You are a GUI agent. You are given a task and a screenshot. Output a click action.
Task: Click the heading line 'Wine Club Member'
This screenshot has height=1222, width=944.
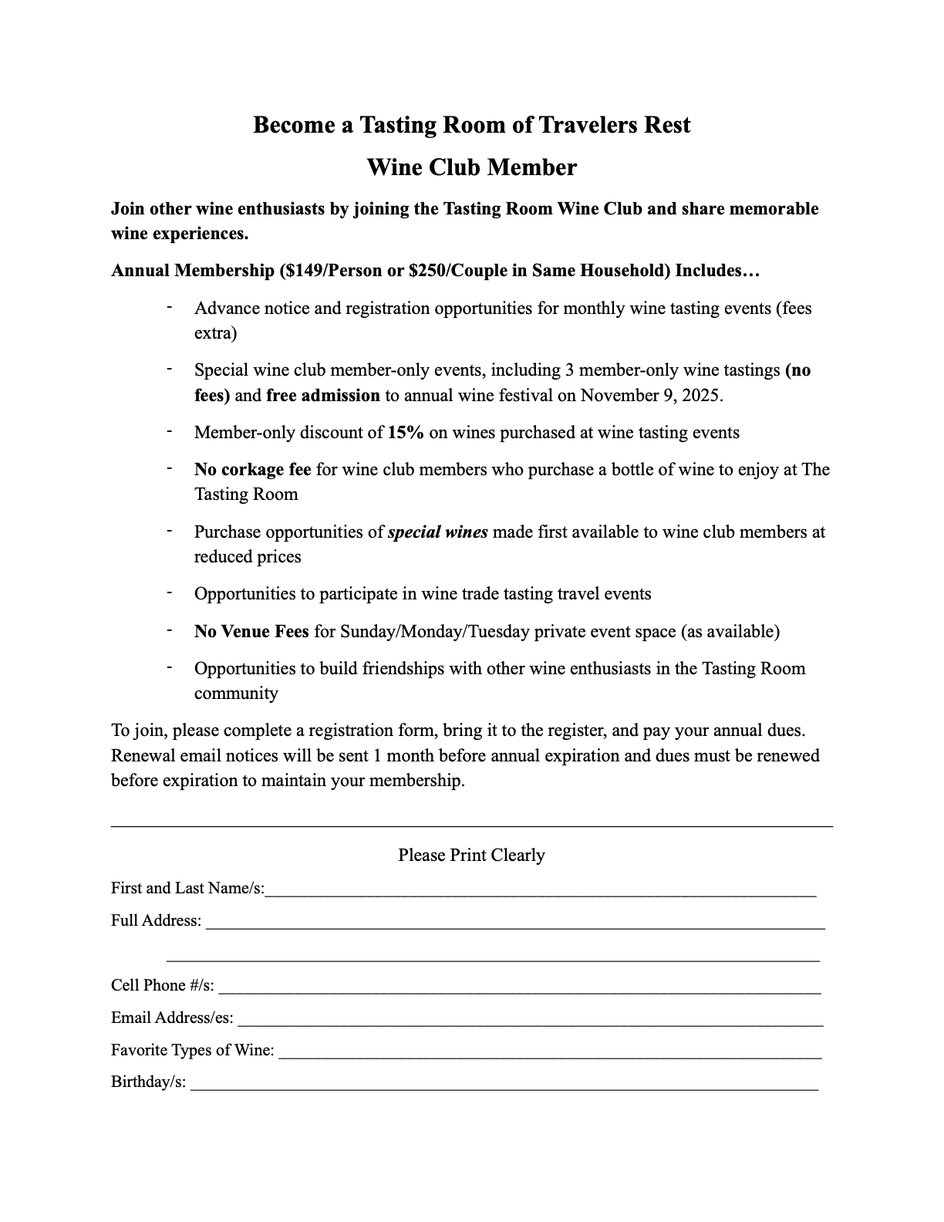(471, 167)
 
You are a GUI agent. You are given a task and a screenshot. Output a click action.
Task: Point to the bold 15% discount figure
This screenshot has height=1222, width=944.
(406, 433)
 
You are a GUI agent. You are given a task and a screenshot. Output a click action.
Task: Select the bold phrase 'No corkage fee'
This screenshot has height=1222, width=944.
(253, 470)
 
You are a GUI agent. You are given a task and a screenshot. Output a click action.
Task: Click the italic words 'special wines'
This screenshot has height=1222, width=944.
(437, 532)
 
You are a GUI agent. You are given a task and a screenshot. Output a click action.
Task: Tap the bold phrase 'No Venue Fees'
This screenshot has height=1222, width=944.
(251, 632)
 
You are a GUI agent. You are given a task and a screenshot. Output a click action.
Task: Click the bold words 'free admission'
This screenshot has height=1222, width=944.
(323, 396)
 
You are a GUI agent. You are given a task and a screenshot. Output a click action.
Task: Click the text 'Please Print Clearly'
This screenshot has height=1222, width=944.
(471, 855)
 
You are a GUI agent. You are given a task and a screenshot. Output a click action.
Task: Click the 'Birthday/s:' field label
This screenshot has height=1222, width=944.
(148, 1082)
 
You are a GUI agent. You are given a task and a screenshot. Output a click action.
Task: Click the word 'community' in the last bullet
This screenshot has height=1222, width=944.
(236, 694)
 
